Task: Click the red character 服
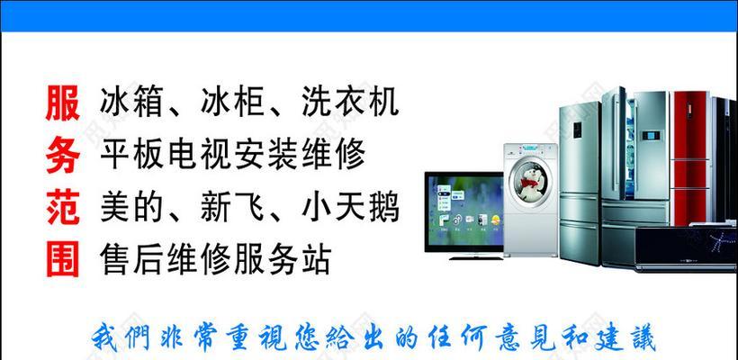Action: (x=63, y=103)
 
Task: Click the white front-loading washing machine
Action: (x=531, y=200)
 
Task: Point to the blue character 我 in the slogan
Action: (x=104, y=337)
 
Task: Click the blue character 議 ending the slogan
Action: (x=641, y=337)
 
